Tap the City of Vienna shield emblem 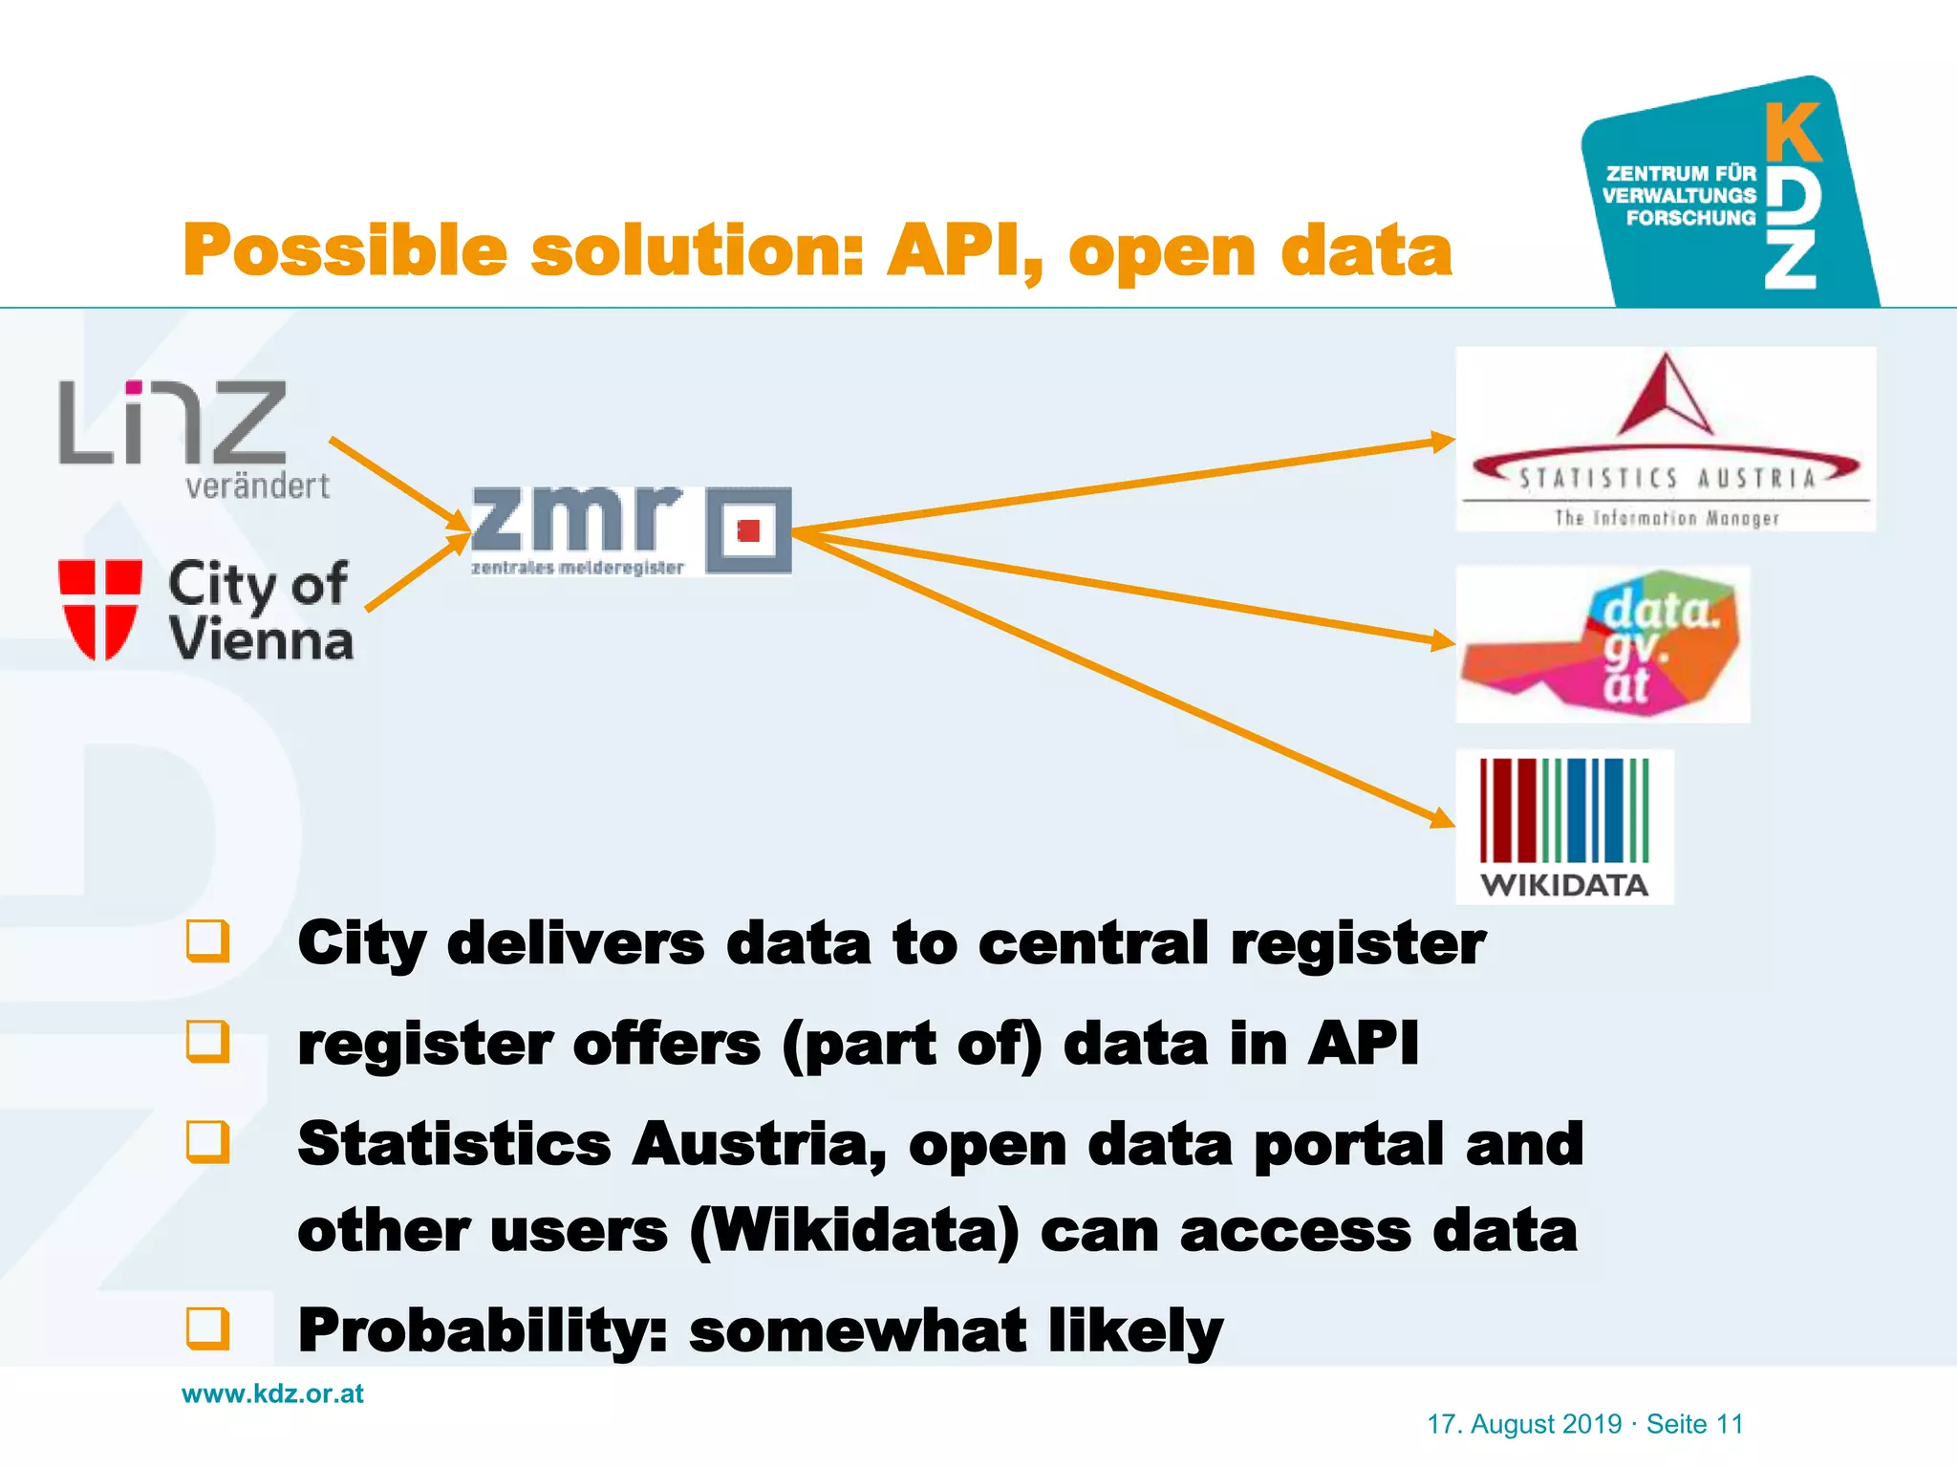[x=100, y=610]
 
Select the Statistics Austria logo [x=1666, y=440]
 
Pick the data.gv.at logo [x=1602, y=644]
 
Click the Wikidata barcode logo [x=1564, y=827]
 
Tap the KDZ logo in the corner [x=1730, y=196]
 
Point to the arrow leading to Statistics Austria [x=1128, y=485]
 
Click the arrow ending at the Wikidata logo [x=1128, y=679]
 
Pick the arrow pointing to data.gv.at [x=1128, y=587]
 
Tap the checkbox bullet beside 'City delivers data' [x=208, y=941]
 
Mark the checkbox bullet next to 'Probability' [x=208, y=1328]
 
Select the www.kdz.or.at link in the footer [x=273, y=1393]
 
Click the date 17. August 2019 [x=1524, y=1424]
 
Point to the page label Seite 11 [x=1695, y=1424]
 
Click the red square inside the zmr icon [x=749, y=530]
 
